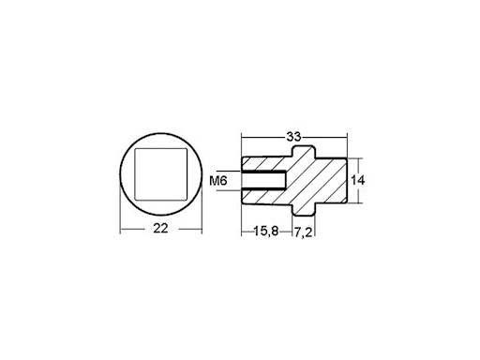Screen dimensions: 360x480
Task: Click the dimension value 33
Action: coord(293,139)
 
